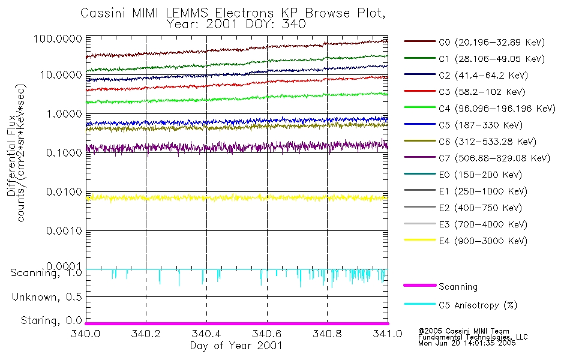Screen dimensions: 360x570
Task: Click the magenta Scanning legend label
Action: click(458, 287)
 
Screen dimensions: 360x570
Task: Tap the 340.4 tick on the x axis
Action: click(206, 334)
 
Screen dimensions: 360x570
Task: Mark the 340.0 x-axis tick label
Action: click(86, 334)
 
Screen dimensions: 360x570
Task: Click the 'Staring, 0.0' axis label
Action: click(52, 320)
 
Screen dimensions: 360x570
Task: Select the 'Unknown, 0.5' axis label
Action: click(47, 297)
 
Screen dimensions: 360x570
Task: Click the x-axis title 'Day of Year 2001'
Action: click(236, 346)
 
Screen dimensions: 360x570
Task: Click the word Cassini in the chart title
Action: click(100, 13)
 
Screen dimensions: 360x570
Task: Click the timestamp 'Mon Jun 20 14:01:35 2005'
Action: click(466, 344)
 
